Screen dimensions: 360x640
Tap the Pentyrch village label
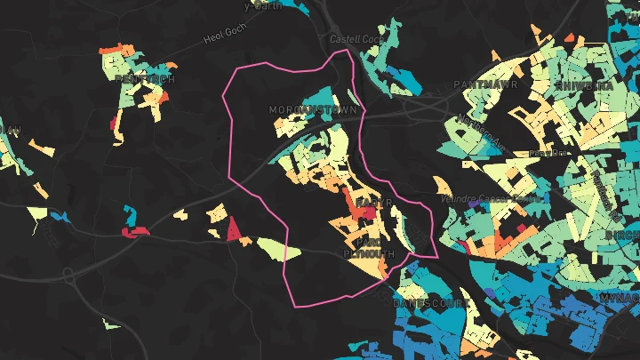tap(145, 79)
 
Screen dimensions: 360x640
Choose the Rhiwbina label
tap(583, 85)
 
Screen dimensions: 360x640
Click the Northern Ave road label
tap(481, 133)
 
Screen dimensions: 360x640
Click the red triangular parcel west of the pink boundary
tap(233, 230)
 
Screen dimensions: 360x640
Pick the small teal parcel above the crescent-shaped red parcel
tap(131, 213)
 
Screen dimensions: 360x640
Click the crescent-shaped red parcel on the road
tap(135, 233)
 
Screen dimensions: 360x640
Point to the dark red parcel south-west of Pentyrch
tap(114, 124)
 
